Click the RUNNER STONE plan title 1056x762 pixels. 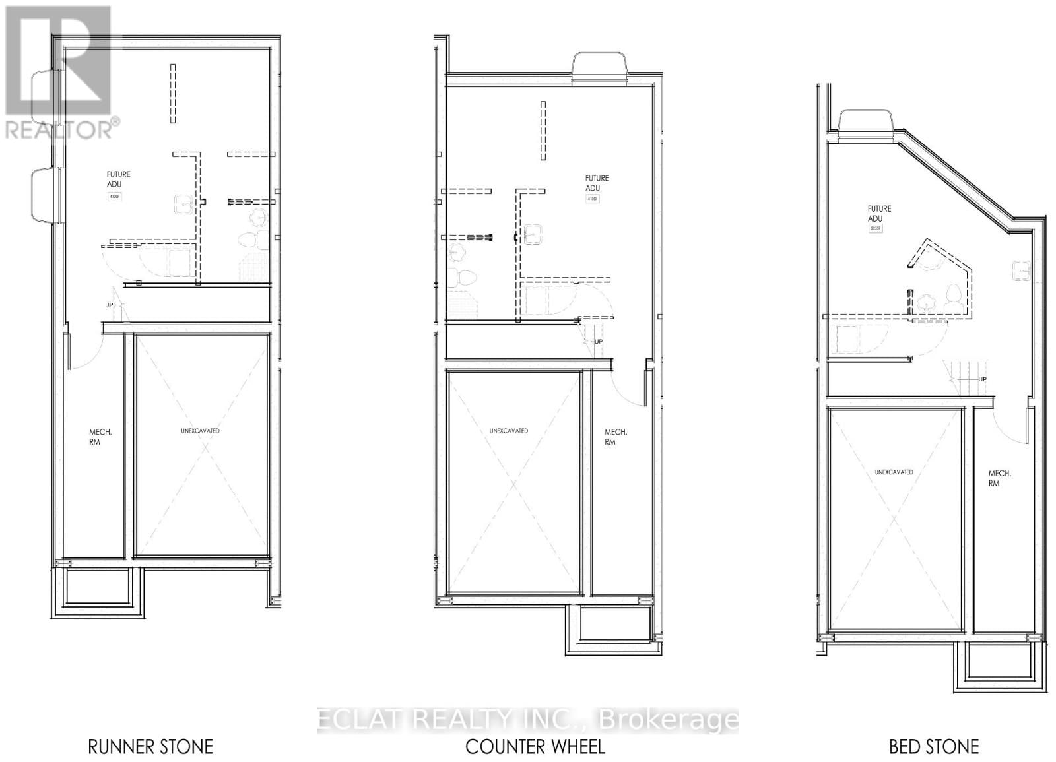[x=150, y=746]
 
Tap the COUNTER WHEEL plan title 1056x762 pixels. [x=535, y=746]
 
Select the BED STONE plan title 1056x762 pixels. [x=933, y=746]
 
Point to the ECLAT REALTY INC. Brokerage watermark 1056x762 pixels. [x=528, y=720]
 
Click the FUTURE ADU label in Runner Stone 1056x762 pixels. [x=119, y=179]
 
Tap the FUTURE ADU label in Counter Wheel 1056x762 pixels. [x=597, y=183]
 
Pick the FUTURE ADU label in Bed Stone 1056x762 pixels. [x=879, y=214]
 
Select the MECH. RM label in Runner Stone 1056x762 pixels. [x=100, y=437]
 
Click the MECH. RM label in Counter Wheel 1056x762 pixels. [x=616, y=437]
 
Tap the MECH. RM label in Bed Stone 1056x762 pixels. [x=999, y=478]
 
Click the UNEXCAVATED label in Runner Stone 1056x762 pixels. [x=201, y=431]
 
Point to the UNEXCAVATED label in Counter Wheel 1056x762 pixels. [x=508, y=431]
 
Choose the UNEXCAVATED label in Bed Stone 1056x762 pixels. [x=894, y=472]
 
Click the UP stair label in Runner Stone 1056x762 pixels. [x=109, y=305]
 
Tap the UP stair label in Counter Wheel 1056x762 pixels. [x=598, y=342]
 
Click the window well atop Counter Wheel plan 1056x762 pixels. [x=599, y=69]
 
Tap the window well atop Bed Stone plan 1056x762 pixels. [x=866, y=125]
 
